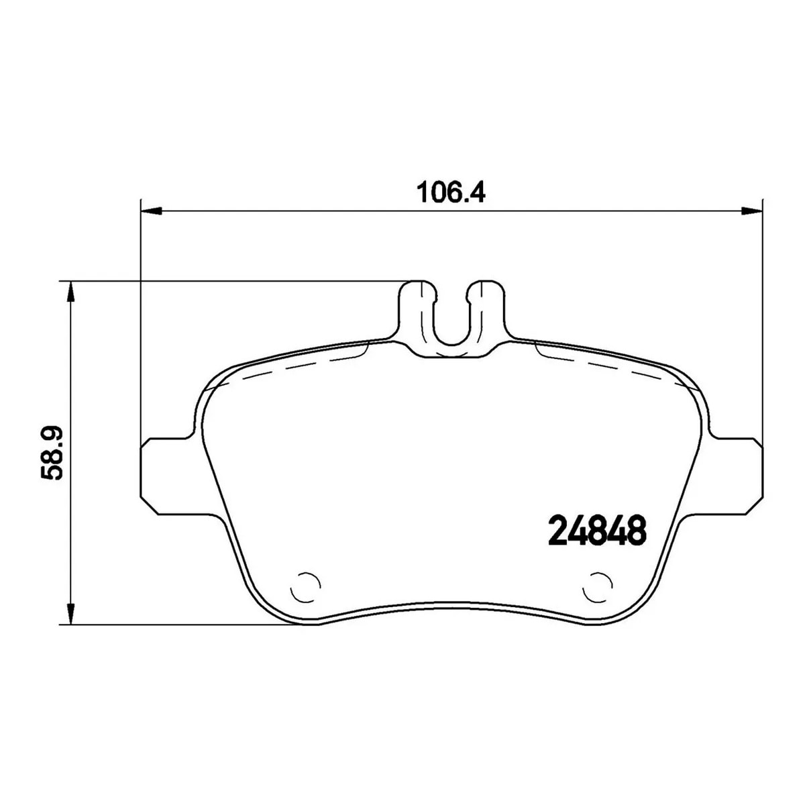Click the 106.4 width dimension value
pos(451,193)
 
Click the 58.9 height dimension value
pos(52,453)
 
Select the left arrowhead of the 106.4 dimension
pos(151,211)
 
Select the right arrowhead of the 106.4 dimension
pos(751,211)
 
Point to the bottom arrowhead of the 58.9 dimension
pos(71,614)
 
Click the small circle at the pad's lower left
pos(305,587)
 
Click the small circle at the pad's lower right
pos(598,587)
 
